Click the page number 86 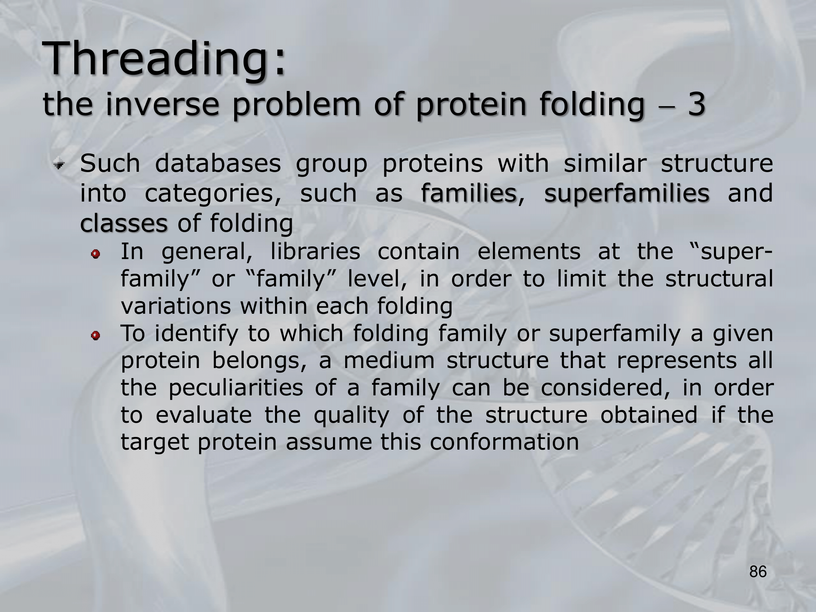coord(758,572)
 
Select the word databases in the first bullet coord(218,163)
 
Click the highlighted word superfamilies coord(627,193)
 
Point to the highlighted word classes coord(124,223)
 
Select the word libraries coord(315,251)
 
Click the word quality coord(351,416)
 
